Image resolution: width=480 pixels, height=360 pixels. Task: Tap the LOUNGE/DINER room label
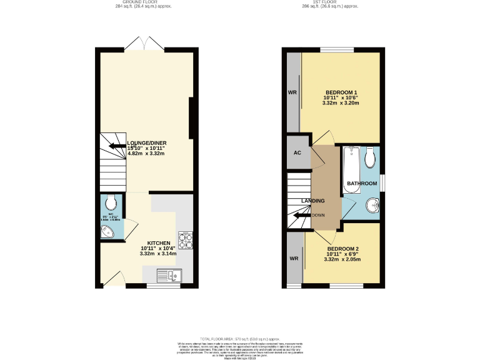click(x=146, y=143)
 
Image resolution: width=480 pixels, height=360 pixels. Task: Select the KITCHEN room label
click(x=159, y=243)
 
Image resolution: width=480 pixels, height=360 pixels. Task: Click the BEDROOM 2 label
click(x=342, y=249)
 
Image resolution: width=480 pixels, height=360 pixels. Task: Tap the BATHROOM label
click(x=362, y=183)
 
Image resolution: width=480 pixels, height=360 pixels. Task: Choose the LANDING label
click(x=313, y=201)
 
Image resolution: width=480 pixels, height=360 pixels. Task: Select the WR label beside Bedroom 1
click(x=292, y=92)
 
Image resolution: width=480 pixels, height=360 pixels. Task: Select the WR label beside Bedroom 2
click(x=292, y=257)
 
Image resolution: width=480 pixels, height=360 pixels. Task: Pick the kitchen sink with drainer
click(x=169, y=274)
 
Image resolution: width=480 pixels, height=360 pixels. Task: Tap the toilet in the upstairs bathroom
click(x=371, y=157)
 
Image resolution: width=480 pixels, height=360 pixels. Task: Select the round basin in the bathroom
click(x=373, y=205)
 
